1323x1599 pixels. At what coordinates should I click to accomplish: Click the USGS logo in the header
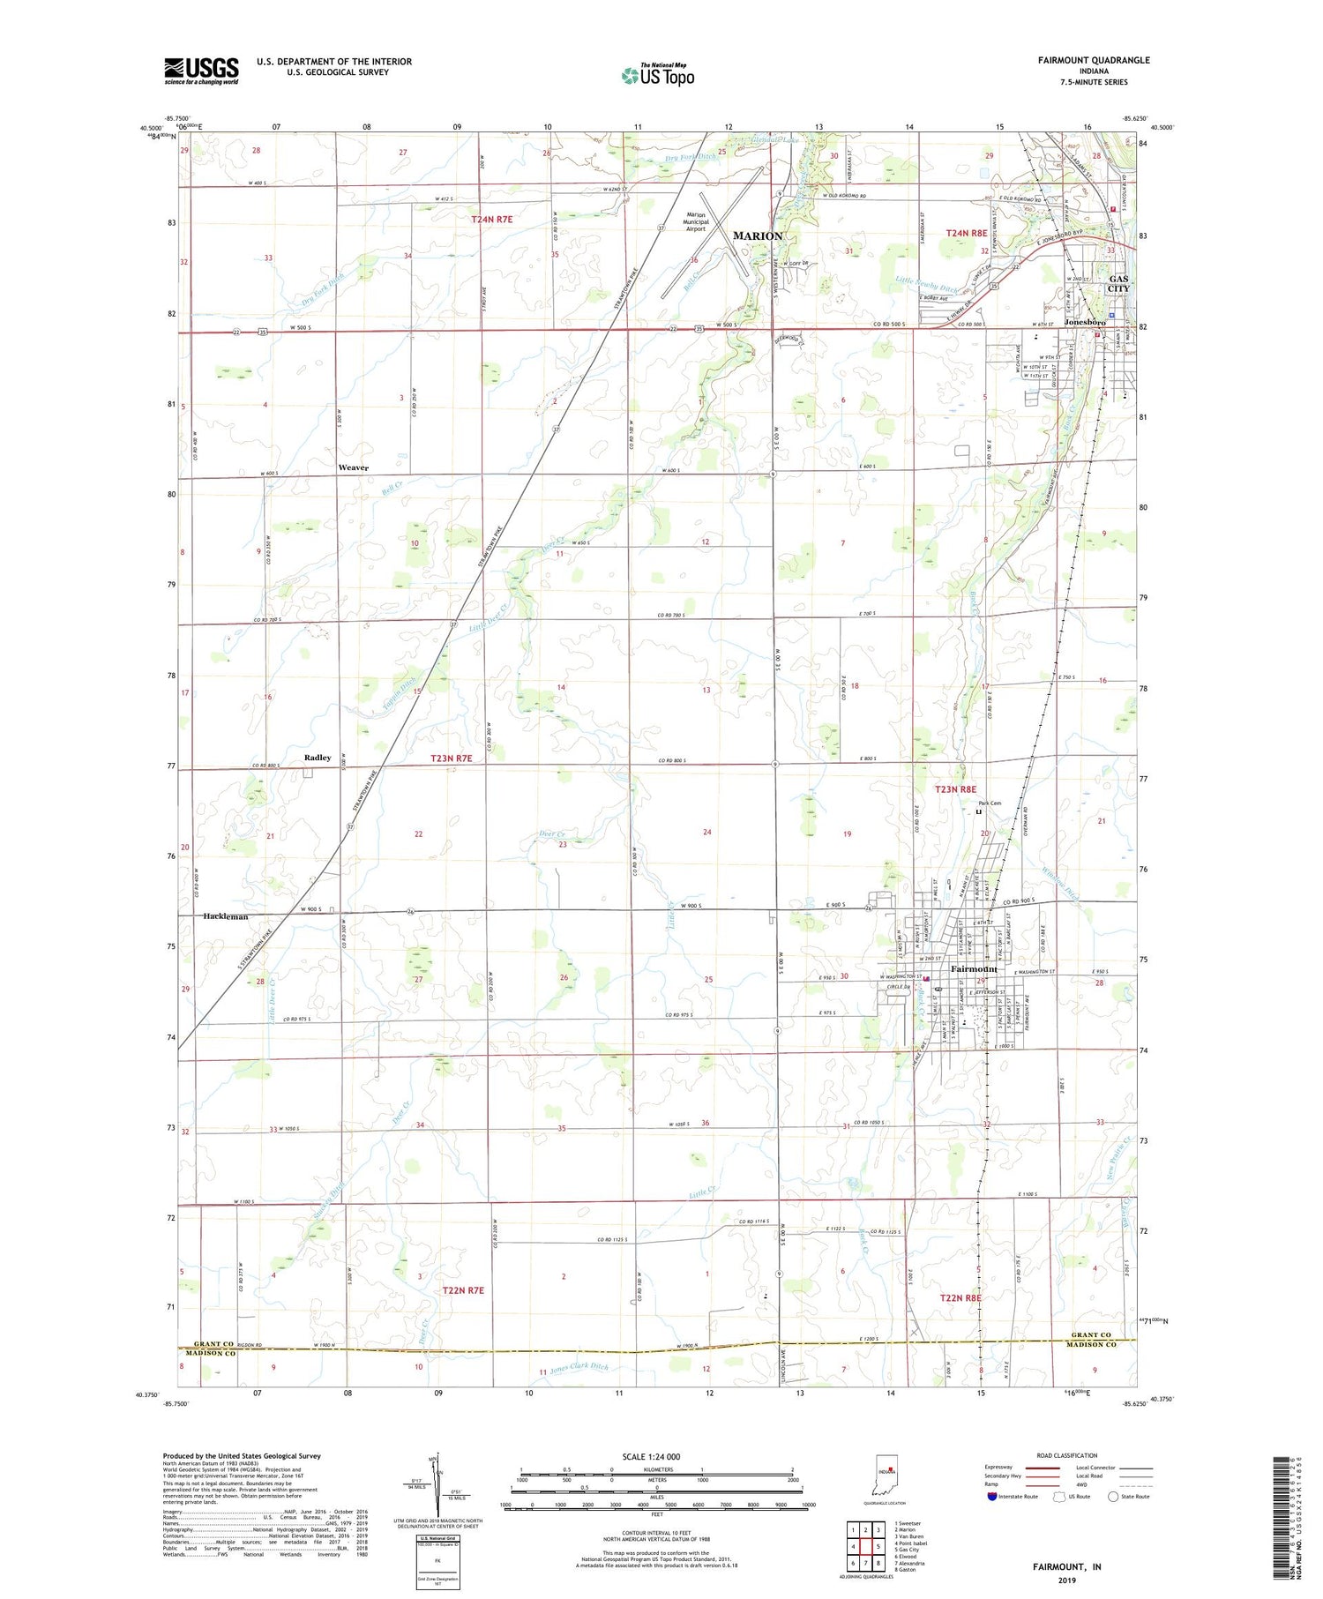point(201,71)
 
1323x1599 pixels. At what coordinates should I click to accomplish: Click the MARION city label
point(758,235)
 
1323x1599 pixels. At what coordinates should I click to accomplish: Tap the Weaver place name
point(354,467)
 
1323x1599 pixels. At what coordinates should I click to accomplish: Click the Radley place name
point(318,758)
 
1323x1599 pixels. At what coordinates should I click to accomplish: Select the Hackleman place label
point(226,916)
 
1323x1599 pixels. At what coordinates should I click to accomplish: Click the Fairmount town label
point(974,968)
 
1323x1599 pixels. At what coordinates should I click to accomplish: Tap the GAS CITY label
point(1118,283)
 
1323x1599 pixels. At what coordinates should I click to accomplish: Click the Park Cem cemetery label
point(990,803)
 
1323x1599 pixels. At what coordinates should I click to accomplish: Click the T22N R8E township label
point(960,1298)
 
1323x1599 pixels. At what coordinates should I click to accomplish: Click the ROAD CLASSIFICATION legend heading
point(1066,1455)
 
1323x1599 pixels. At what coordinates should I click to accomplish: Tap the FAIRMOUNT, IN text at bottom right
point(1066,1566)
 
